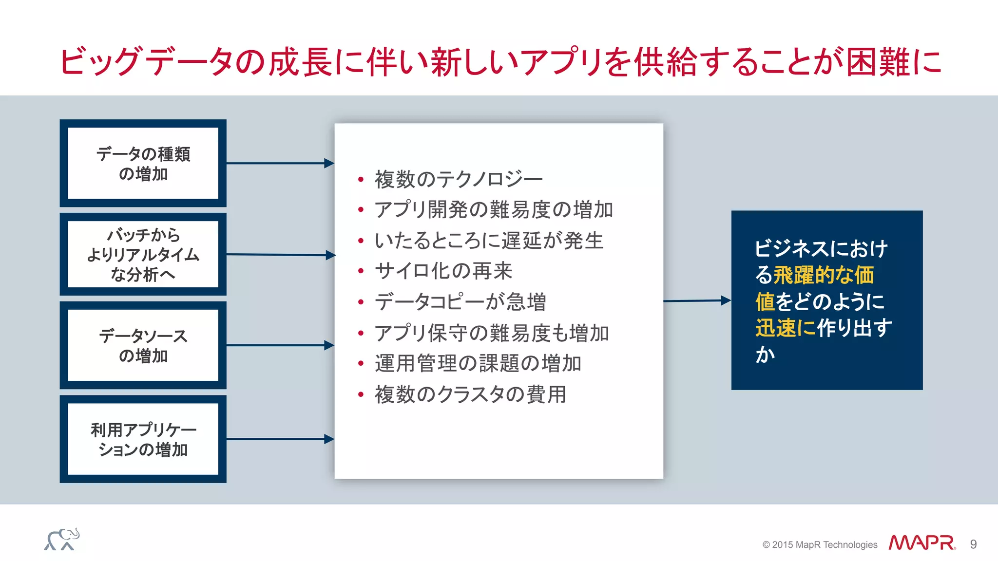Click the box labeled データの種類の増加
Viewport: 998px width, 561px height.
(x=143, y=163)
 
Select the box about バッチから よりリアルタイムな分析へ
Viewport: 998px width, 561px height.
(x=143, y=254)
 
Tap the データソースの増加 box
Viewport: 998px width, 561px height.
(x=143, y=345)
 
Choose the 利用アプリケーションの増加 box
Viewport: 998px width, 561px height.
(x=143, y=439)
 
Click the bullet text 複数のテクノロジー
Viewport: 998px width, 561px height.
(x=458, y=179)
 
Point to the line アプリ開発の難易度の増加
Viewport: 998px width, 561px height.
(x=493, y=210)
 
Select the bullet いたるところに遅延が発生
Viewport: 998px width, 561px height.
(x=489, y=241)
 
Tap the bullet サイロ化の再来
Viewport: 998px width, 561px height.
(x=443, y=271)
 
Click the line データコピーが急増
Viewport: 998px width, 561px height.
(x=460, y=302)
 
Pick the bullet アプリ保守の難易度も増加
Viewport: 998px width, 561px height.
(x=492, y=333)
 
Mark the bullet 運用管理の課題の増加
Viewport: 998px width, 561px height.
(x=478, y=364)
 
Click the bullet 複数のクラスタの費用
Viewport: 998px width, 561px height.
(x=470, y=394)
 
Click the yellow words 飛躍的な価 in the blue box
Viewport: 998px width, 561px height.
(x=824, y=275)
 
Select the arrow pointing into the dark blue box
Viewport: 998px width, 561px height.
(x=697, y=301)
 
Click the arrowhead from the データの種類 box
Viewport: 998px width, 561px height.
(x=329, y=163)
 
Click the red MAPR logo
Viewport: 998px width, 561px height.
(x=921, y=543)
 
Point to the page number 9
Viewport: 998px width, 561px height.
(x=973, y=544)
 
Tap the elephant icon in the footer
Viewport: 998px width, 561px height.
(x=62, y=540)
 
